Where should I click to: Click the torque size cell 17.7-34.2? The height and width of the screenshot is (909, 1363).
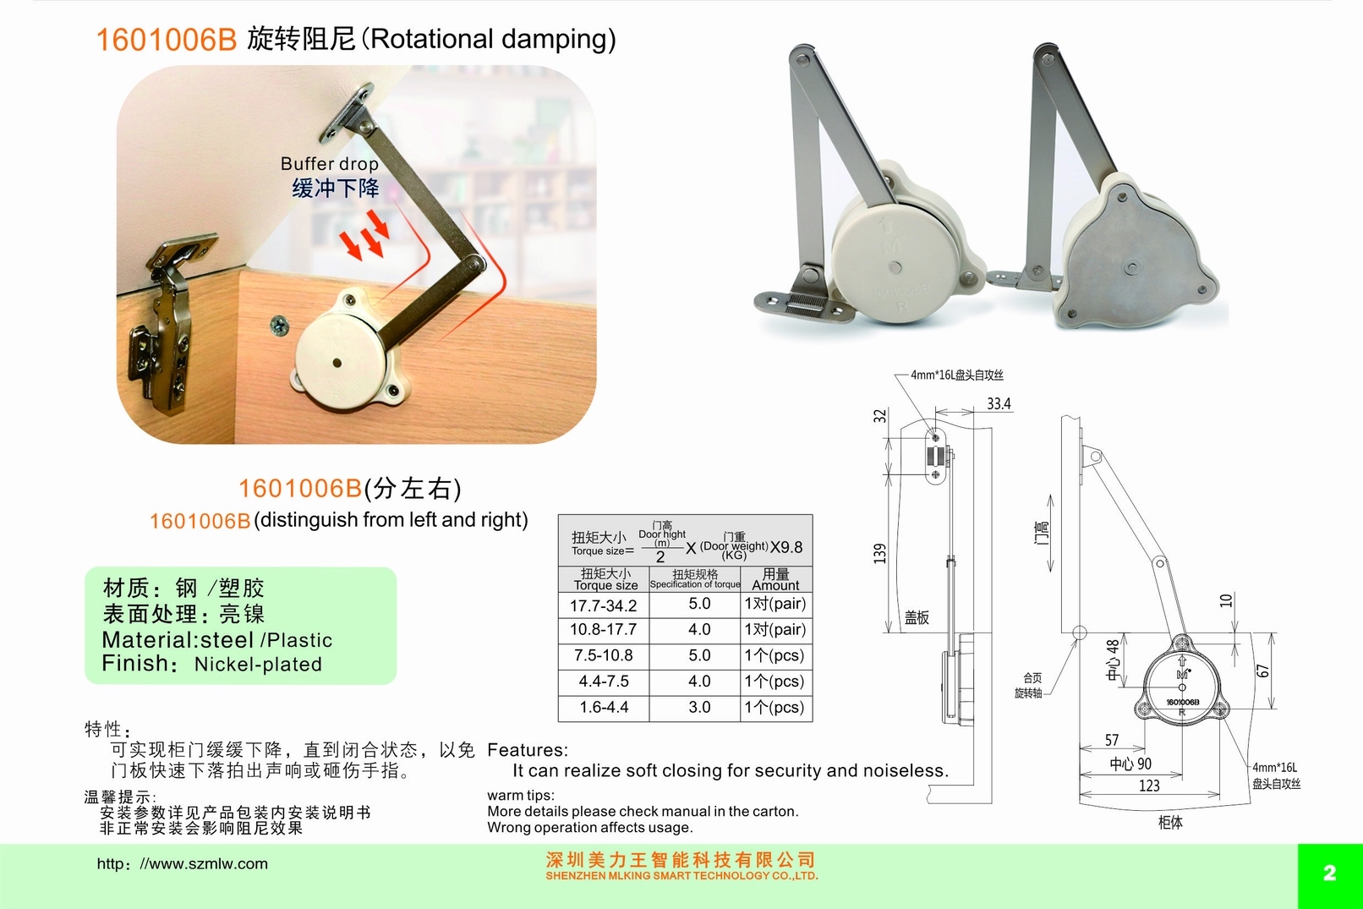pyautogui.click(x=603, y=605)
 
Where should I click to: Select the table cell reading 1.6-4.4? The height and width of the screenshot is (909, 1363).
pyautogui.click(x=604, y=707)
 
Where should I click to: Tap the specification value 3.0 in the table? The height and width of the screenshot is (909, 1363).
pyautogui.click(x=699, y=707)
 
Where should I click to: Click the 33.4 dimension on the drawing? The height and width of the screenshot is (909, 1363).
pyautogui.click(x=999, y=403)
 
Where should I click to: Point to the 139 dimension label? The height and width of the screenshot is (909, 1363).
pyautogui.click(x=880, y=554)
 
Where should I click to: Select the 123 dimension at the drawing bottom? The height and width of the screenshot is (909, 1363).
pyautogui.click(x=1149, y=786)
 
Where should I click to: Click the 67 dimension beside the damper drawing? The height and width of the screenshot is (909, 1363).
pyautogui.click(x=1262, y=671)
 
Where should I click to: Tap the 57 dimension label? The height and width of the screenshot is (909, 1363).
pyautogui.click(x=1112, y=740)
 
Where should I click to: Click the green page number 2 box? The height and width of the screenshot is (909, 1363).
pyautogui.click(x=1330, y=875)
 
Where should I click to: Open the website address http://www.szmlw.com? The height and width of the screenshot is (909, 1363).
pyautogui.click(x=182, y=864)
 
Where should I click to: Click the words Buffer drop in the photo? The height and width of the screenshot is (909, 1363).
pyautogui.click(x=329, y=164)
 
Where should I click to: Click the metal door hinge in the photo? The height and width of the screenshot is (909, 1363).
pyautogui.click(x=167, y=322)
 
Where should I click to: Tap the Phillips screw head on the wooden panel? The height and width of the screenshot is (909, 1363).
pyautogui.click(x=280, y=326)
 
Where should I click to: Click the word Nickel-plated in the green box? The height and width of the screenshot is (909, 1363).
pyautogui.click(x=258, y=665)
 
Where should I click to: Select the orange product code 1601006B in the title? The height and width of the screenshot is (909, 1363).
pyautogui.click(x=166, y=40)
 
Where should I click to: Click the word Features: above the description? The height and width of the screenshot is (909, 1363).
pyautogui.click(x=528, y=749)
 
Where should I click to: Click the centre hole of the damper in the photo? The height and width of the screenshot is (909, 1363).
pyautogui.click(x=337, y=364)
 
